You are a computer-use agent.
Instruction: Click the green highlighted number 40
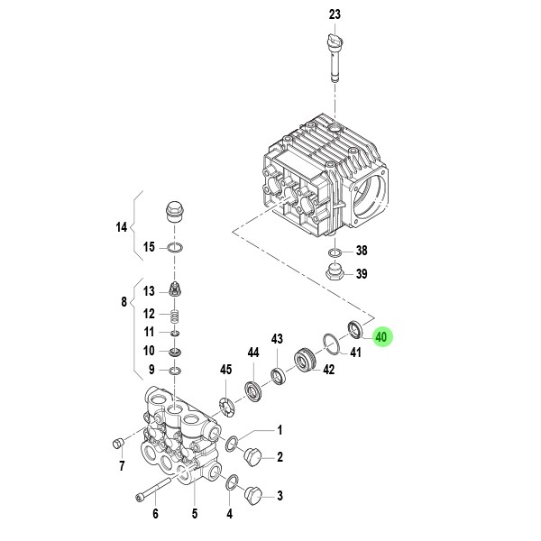coord(381,338)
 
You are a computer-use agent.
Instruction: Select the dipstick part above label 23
coord(335,55)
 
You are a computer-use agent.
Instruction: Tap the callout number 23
coord(335,15)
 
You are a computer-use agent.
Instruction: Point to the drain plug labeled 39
coord(335,273)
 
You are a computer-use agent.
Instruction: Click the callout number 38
coord(362,251)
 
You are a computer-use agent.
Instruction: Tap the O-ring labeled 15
coord(175,248)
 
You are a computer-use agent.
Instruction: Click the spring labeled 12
coord(175,316)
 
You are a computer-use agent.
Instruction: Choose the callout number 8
coord(124,303)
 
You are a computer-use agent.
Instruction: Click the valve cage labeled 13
coord(175,290)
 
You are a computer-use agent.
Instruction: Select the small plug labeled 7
coord(115,442)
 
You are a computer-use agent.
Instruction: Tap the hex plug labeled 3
coord(253,494)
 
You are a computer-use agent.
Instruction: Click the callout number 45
coord(226,370)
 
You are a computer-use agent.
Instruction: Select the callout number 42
coord(329,370)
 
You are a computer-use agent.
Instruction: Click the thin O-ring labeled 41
coord(331,344)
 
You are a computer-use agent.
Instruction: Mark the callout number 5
coord(193,515)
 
